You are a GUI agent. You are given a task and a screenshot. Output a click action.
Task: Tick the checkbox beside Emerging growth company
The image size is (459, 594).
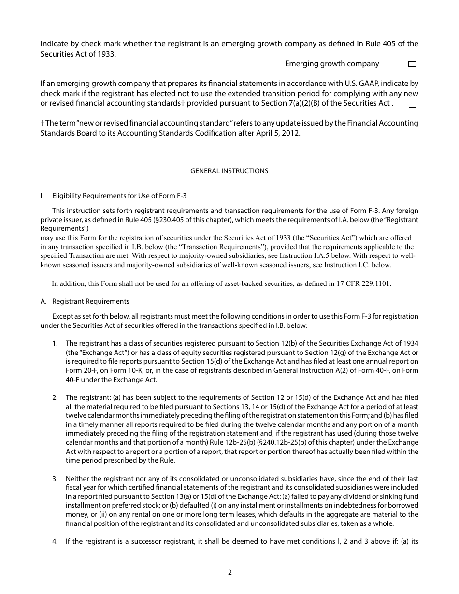tap(412, 64)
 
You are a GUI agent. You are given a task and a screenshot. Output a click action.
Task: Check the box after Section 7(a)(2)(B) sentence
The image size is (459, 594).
tap(412, 104)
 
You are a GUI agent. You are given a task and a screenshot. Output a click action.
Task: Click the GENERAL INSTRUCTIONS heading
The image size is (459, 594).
tap(229, 171)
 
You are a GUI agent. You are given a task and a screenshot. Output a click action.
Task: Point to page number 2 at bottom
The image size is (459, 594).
tap(230, 573)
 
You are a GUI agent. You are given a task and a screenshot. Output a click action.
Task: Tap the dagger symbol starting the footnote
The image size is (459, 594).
tap(43, 123)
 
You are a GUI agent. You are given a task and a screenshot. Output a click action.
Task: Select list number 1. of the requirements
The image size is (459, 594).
tap(55, 343)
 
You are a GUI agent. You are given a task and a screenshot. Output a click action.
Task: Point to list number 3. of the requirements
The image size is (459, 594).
tap(55, 479)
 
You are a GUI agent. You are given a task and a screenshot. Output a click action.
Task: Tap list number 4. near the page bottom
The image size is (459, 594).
tap(55, 541)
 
